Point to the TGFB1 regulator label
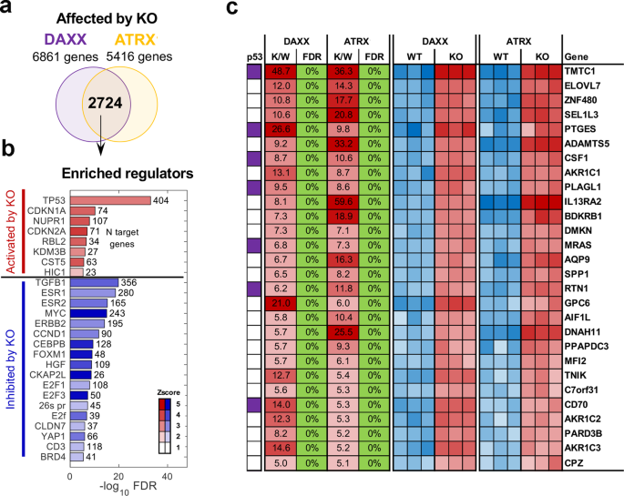pos(50,281)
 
